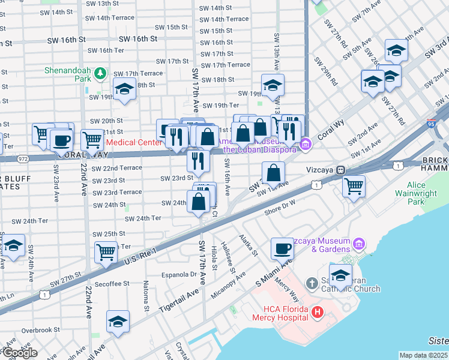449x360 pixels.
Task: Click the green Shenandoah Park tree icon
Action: (100, 73)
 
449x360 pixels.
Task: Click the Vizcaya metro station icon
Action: (339, 170)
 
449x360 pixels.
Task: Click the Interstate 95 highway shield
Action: (432, 123)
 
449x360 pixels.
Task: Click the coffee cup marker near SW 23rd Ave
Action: (61, 140)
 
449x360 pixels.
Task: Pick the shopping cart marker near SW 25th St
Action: (106, 252)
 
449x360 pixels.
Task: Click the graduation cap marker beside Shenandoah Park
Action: (125, 89)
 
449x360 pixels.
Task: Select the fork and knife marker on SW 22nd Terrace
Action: (197, 160)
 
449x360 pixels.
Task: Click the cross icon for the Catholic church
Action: (312, 283)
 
